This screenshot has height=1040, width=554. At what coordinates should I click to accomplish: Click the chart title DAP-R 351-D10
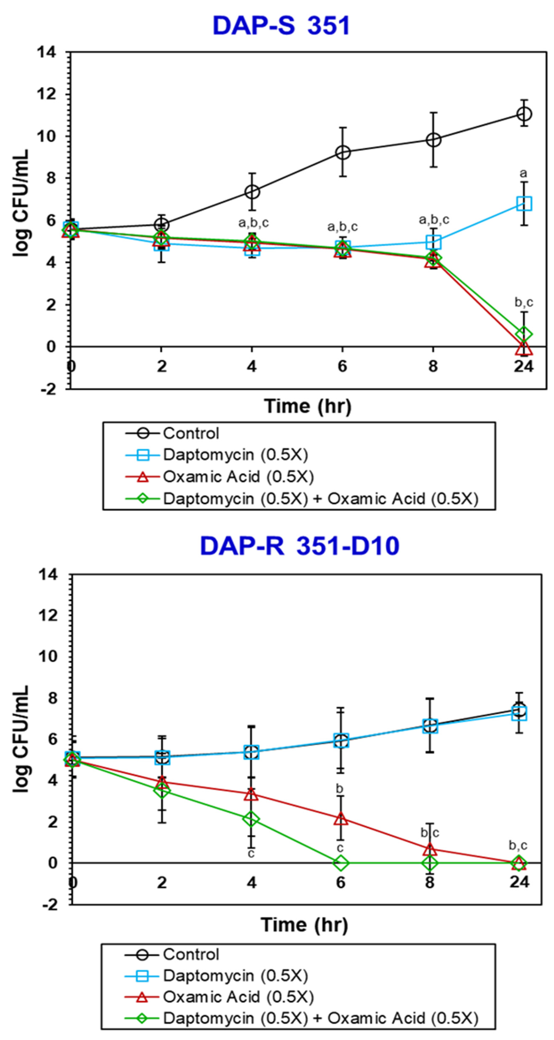click(x=300, y=546)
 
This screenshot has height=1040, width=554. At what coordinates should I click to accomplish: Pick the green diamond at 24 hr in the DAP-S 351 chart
click(x=524, y=334)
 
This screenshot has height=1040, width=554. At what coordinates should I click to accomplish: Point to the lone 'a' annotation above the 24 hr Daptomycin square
click(x=523, y=174)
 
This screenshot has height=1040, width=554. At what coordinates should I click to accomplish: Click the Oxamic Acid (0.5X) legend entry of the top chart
click(x=238, y=477)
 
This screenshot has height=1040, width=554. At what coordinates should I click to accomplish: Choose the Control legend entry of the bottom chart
click(x=191, y=954)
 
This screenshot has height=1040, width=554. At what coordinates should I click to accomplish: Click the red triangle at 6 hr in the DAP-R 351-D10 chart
click(x=341, y=819)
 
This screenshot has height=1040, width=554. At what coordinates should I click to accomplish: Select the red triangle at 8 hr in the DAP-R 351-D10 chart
click(x=430, y=849)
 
